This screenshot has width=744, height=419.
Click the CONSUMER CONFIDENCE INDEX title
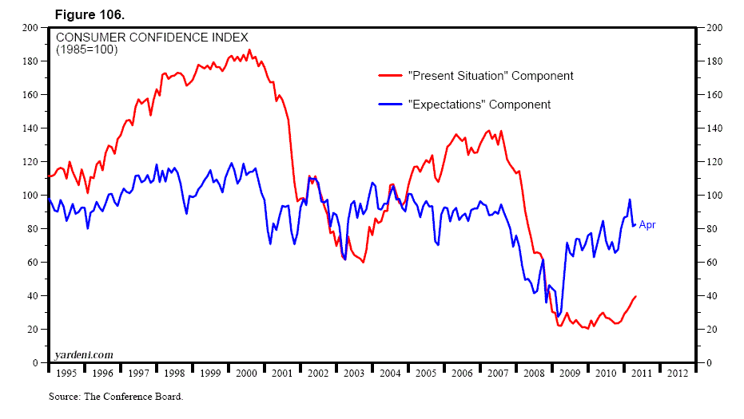click(151, 38)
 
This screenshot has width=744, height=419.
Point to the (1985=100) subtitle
click(86, 49)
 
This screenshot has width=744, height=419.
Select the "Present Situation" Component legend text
click(491, 76)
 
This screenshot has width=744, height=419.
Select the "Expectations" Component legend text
click(479, 105)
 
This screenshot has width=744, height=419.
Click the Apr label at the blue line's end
click(647, 225)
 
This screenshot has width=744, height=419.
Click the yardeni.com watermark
click(84, 354)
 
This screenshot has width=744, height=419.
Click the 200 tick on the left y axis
click(31, 28)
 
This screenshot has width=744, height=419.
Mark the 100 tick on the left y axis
click(31, 196)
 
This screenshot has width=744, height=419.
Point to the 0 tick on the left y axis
click(36, 363)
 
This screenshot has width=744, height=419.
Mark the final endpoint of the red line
click(636, 296)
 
